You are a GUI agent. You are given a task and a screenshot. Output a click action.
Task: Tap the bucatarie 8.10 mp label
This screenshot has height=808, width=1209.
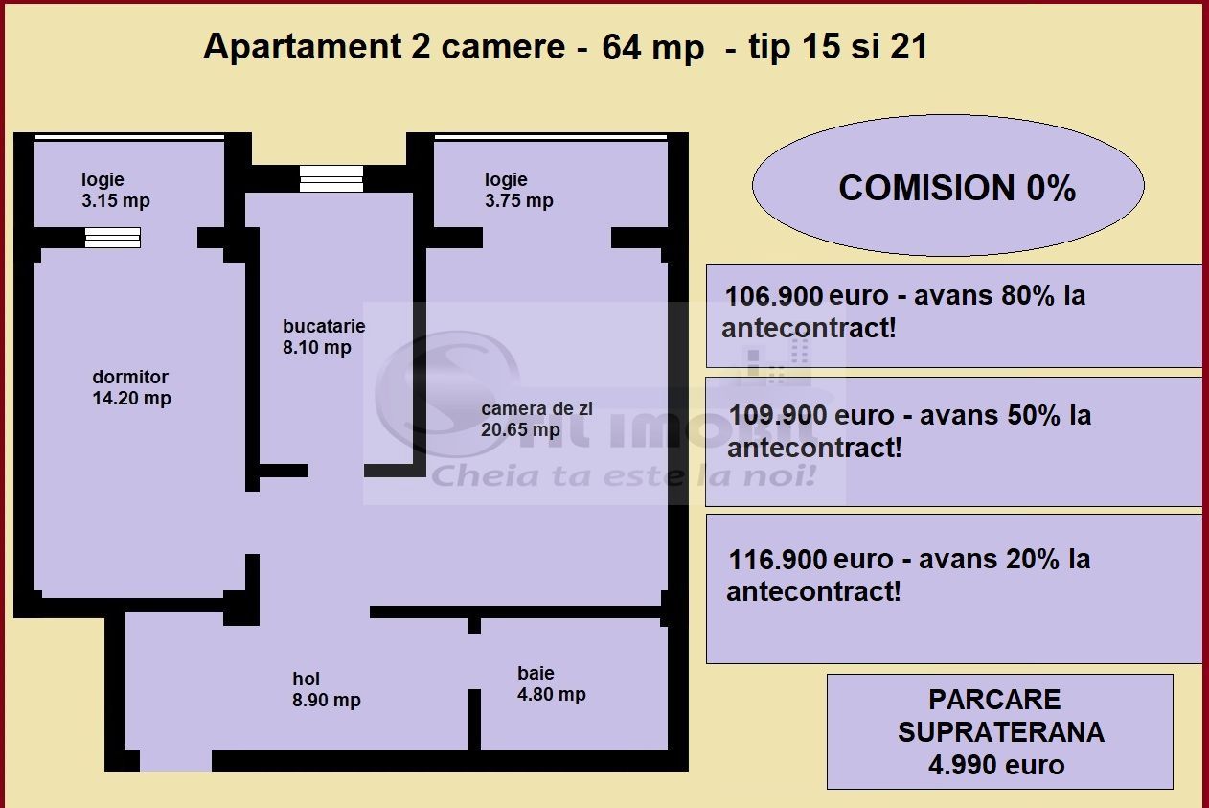click(x=323, y=336)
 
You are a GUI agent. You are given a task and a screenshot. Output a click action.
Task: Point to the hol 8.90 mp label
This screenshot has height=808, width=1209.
click(x=326, y=690)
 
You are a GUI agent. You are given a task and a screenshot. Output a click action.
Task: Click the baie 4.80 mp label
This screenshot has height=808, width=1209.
click(x=551, y=684)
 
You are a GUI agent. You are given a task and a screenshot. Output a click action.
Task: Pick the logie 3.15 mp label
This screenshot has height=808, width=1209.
click(x=115, y=190)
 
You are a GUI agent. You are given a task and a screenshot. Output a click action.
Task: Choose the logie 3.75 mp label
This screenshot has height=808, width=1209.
click(x=518, y=190)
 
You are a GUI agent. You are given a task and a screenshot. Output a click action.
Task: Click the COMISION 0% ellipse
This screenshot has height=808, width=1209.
click(x=948, y=187)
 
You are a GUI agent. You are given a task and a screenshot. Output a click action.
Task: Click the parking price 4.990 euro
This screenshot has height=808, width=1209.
click(x=996, y=765)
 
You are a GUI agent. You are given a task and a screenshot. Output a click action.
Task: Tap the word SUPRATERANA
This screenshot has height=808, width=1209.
click(x=1000, y=732)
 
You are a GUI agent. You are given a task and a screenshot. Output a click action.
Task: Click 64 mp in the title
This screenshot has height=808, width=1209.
click(x=652, y=47)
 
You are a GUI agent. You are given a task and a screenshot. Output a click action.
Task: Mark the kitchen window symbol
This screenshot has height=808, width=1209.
click(x=331, y=178)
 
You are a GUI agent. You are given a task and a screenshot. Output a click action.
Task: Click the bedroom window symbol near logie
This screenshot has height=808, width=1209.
click(x=112, y=238)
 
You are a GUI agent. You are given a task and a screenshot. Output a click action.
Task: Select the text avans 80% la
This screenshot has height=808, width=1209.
click(x=999, y=295)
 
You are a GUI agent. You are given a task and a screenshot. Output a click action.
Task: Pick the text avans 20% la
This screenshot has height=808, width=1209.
click(x=1004, y=559)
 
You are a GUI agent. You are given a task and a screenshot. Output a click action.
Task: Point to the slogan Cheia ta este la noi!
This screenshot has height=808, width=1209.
click(x=623, y=474)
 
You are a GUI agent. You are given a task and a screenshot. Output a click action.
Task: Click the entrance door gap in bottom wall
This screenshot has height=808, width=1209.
click(x=175, y=761)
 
